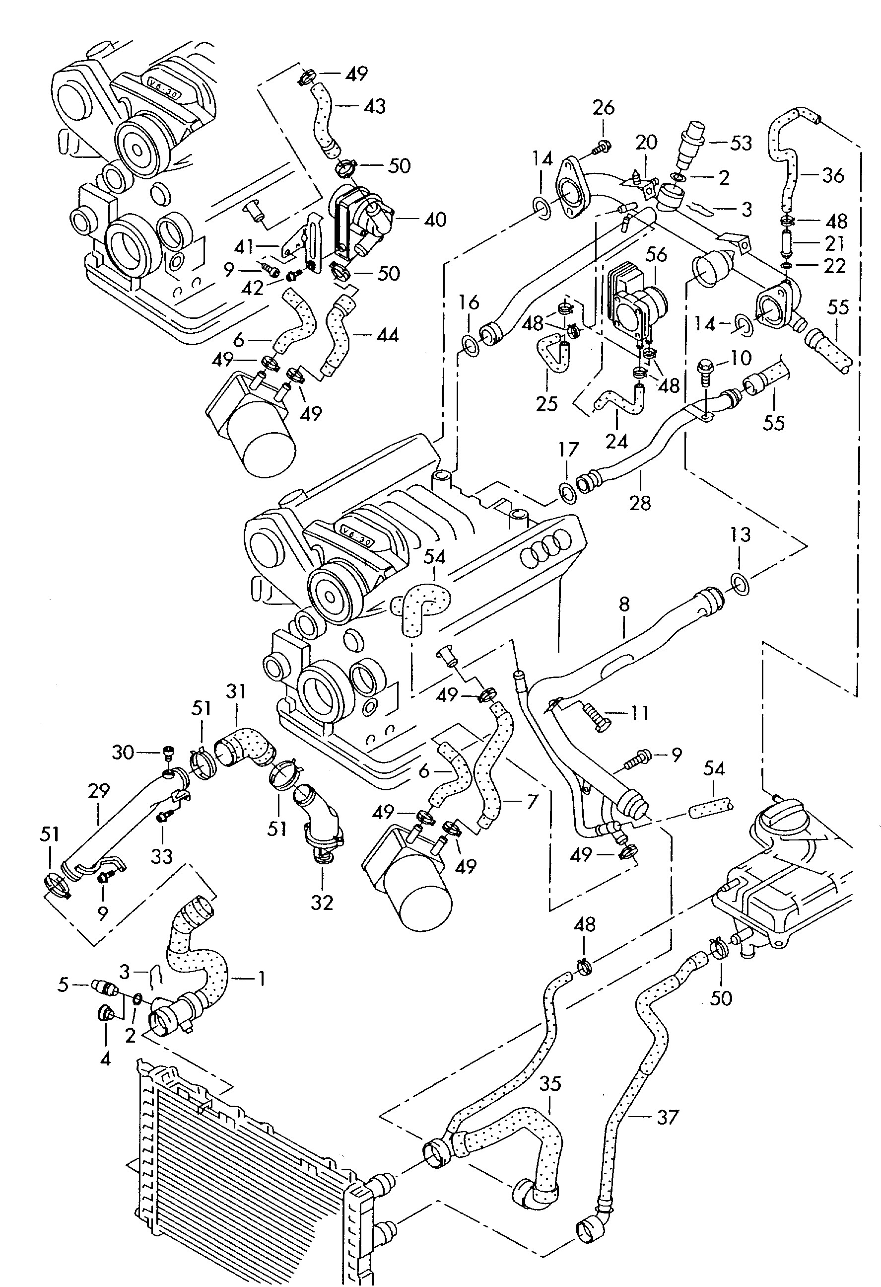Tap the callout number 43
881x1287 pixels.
tap(374, 106)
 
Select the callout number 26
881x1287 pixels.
tap(603, 107)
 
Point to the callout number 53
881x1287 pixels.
tap(741, 143)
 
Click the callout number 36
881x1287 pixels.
tap(832, 175)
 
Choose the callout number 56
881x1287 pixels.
tap(656, 255)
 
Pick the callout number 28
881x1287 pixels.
tap(640, 502)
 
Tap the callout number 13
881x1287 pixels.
tap(741, 534)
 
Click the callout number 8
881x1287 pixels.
tap(624, 604)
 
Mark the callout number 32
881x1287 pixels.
tap(322, 902)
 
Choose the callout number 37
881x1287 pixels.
tap(667, 1118)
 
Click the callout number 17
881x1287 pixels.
tap(568, 449)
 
